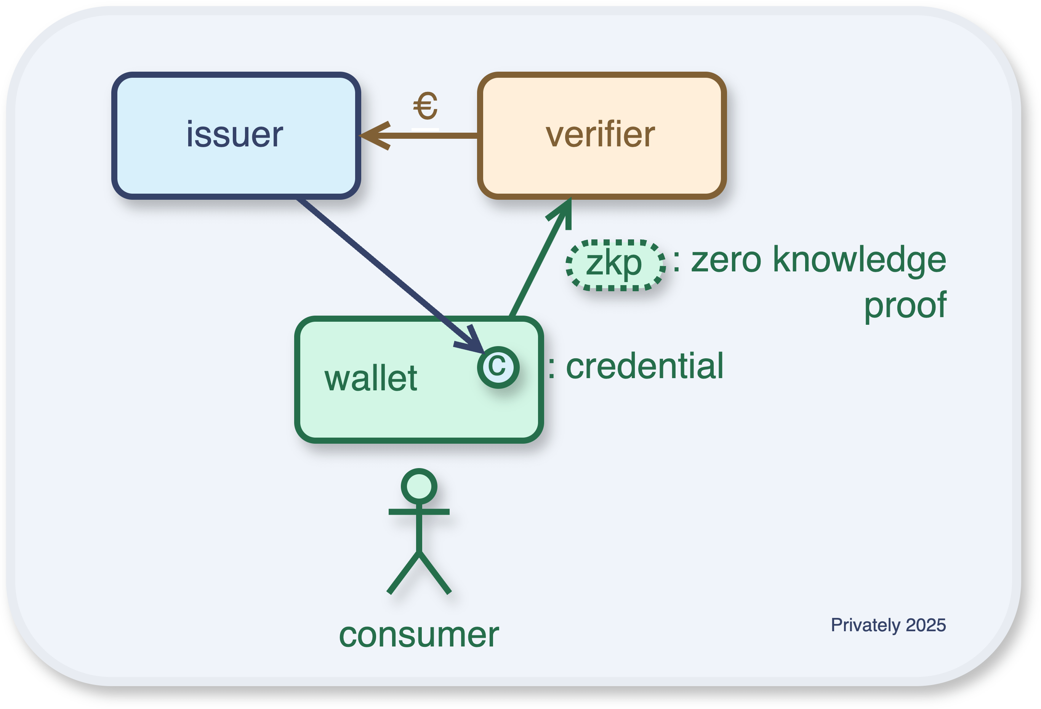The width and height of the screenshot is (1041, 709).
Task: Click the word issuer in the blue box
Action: [x=235, y=135]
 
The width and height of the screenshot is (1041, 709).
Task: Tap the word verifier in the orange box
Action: [x=600, y=135]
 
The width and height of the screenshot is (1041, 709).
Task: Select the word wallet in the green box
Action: [x=371, y=379]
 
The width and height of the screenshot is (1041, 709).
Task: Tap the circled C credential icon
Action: [x=498, y=367]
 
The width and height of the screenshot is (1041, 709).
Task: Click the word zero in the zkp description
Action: [x=725, y=260]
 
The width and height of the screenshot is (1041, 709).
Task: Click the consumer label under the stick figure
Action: [x=418, y=635]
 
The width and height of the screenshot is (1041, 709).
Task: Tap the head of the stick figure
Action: [x=419, y=486]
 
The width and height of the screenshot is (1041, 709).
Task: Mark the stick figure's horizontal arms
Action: [x=419, y=512]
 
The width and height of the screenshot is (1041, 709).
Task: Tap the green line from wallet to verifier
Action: [x=535, y=269]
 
